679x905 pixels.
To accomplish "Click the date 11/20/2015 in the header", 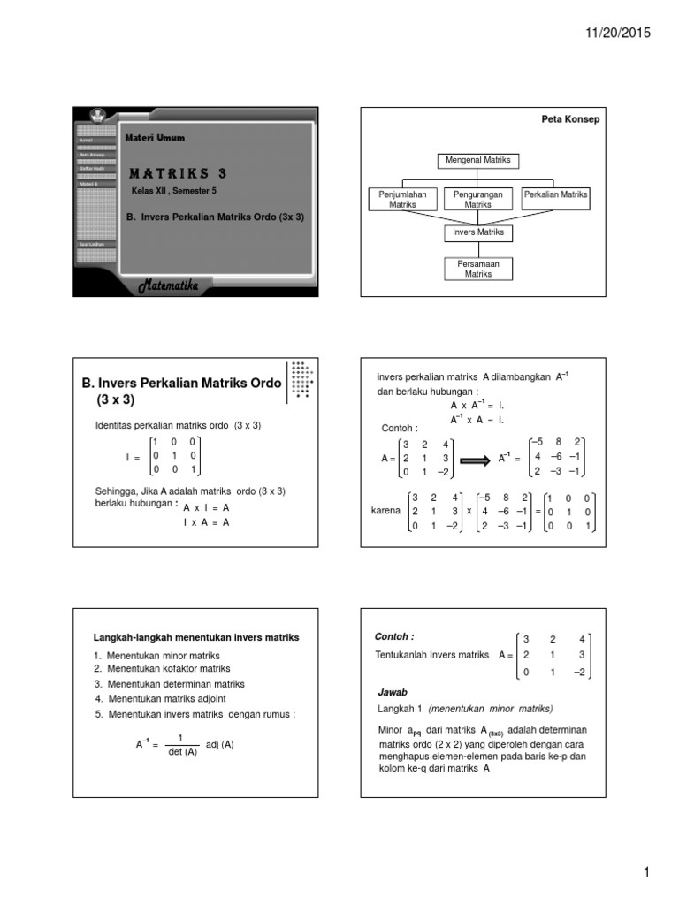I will (x=617, y=33).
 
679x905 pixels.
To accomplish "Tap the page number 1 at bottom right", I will (x=647, y=872).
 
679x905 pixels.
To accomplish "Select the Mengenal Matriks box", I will (x=477, y=161).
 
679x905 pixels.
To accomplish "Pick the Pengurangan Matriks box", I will (x=477, y=199).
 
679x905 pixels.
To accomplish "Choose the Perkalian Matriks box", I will (x=556, y=194).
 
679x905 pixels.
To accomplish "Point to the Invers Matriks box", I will (x=477, y=232).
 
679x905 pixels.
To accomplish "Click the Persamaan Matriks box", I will (x=477, y=269).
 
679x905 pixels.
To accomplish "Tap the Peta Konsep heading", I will (x=569, y=119).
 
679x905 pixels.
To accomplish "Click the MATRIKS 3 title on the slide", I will (x=178, y=173).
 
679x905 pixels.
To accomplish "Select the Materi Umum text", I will (x=155, y=137).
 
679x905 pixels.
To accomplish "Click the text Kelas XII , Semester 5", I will (x=174, y=191).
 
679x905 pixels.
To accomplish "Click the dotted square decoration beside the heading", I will (x=300, y=381).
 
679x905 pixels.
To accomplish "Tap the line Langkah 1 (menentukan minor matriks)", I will (x=465, y=710).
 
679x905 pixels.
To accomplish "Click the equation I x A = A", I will (x=206, y=522).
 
